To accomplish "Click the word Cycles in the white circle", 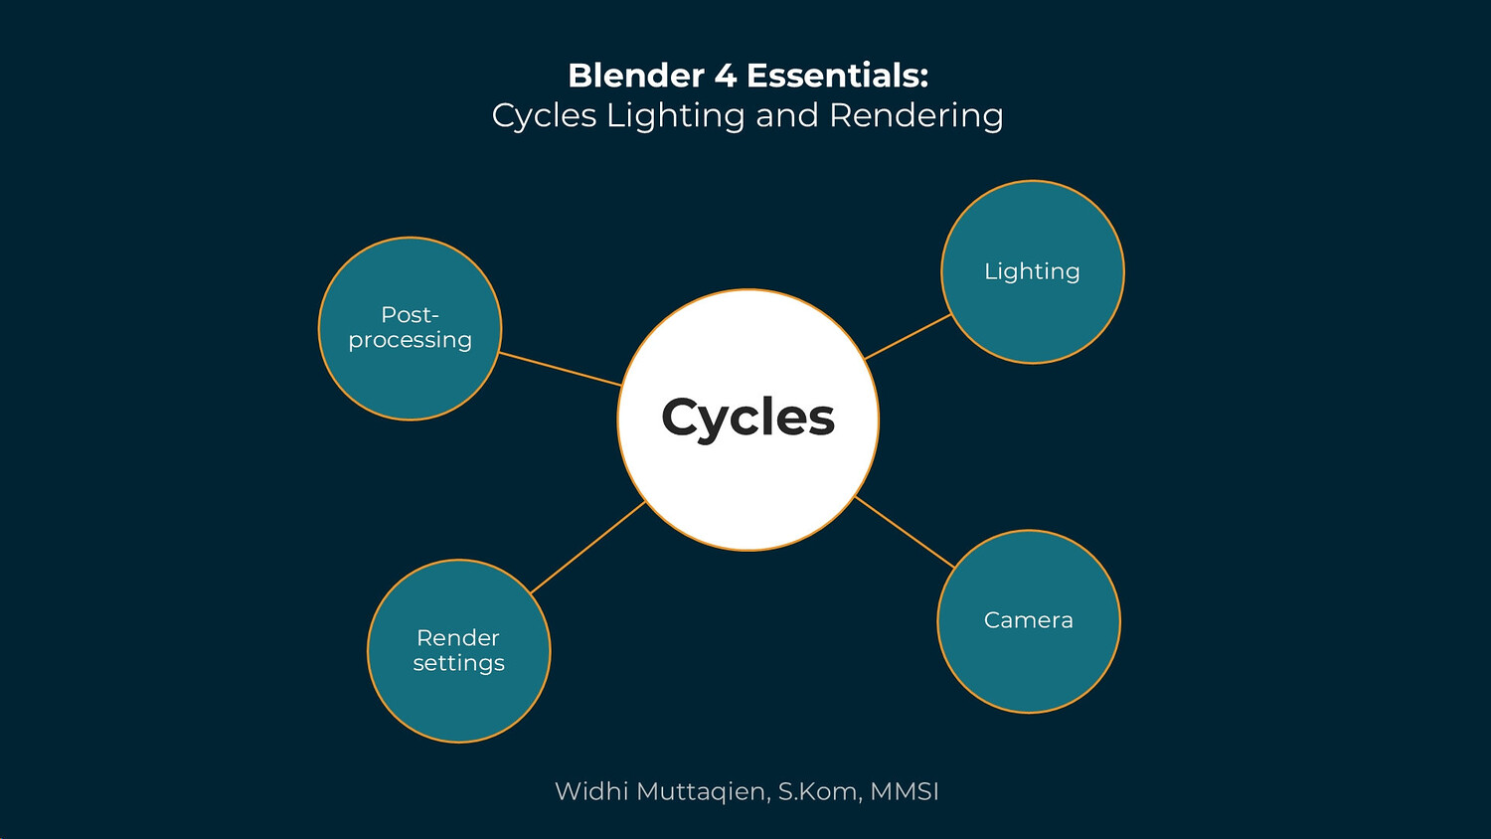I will click(x=747, y=418).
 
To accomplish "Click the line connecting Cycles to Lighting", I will click(x=909, y=337).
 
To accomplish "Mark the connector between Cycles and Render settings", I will click(x=588, y=548).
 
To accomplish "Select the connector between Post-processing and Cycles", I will click(x=560, y=369).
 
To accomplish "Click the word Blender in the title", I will click(x=636, y=76).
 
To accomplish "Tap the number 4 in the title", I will click(x=726, y=76).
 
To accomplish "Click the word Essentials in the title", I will click(x=837, y=76).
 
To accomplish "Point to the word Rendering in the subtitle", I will click(x=915, y=116).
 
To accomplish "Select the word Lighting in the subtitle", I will click(x=675, y=116).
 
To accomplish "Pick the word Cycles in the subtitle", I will click(x=544, y=116).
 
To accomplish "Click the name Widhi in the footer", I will click(x=590, y=791).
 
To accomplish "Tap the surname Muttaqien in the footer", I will click(x=702, y=792).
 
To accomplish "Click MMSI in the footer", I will click(x=905, y=791).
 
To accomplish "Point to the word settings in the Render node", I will click(x=458, y=663).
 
